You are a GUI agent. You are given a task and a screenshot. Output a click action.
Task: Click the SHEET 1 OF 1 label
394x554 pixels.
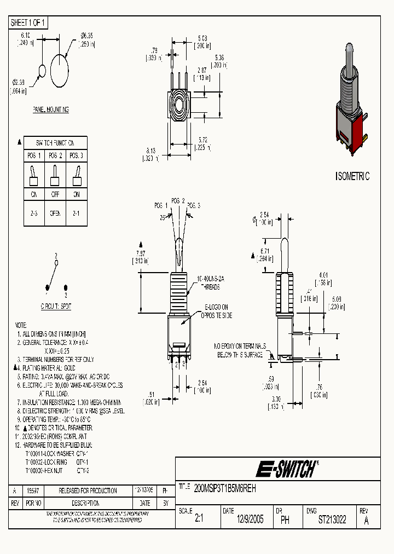[28, 22]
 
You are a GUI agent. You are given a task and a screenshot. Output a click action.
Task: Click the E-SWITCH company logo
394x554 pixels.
[287, 469]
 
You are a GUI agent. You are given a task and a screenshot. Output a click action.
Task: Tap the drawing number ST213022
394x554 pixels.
[332, 520]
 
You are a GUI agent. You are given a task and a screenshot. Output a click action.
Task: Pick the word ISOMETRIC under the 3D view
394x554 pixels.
[352, 176]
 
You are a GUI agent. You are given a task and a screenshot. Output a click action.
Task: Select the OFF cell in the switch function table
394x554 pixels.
[55, 194]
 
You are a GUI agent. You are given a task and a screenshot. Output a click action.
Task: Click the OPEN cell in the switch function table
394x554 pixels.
[55, 213]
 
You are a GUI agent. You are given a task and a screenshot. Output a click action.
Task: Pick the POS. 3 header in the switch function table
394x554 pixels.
[76, 155]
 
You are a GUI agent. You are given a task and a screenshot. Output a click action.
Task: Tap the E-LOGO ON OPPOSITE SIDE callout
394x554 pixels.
[217, 311]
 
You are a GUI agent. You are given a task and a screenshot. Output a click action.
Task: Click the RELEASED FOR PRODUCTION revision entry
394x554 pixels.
[88, 490]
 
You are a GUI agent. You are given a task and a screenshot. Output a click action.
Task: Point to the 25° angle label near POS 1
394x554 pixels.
[163, 217]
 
